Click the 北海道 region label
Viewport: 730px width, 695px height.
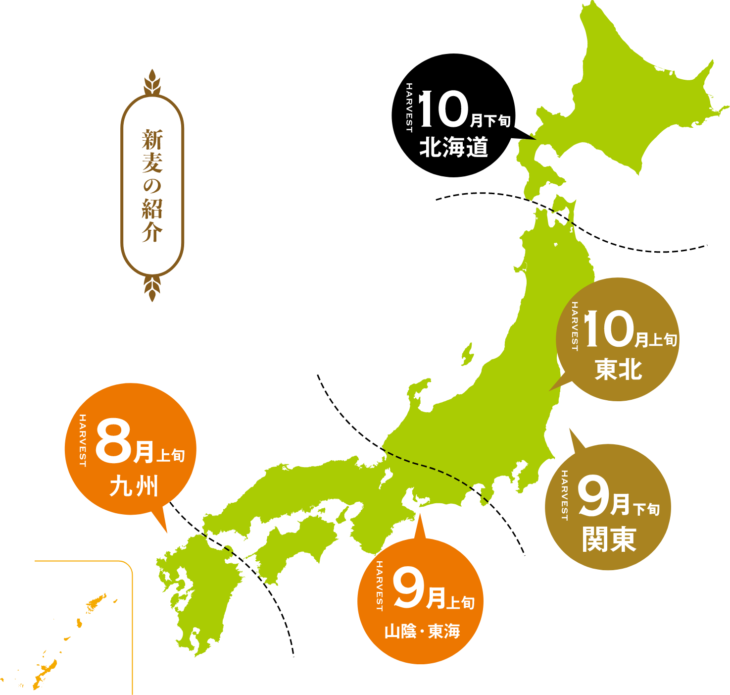[453, 147]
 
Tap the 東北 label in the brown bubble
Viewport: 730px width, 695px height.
[618, 370]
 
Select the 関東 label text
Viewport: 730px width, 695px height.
[609, 539]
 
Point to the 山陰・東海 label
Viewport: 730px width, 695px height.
[422, 632]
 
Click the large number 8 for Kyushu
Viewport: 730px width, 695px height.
[113, 440]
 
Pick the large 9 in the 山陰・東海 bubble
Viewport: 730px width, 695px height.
[408, 589]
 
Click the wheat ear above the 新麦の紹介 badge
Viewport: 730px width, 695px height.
[152, 81]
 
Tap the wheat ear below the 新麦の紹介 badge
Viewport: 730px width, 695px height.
[152, 288]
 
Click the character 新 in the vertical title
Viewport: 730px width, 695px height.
[152, 140]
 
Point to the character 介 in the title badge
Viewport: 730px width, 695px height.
[152, 232]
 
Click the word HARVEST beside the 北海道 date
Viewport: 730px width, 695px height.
[409, 107]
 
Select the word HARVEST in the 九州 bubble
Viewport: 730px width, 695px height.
[83, 440]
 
